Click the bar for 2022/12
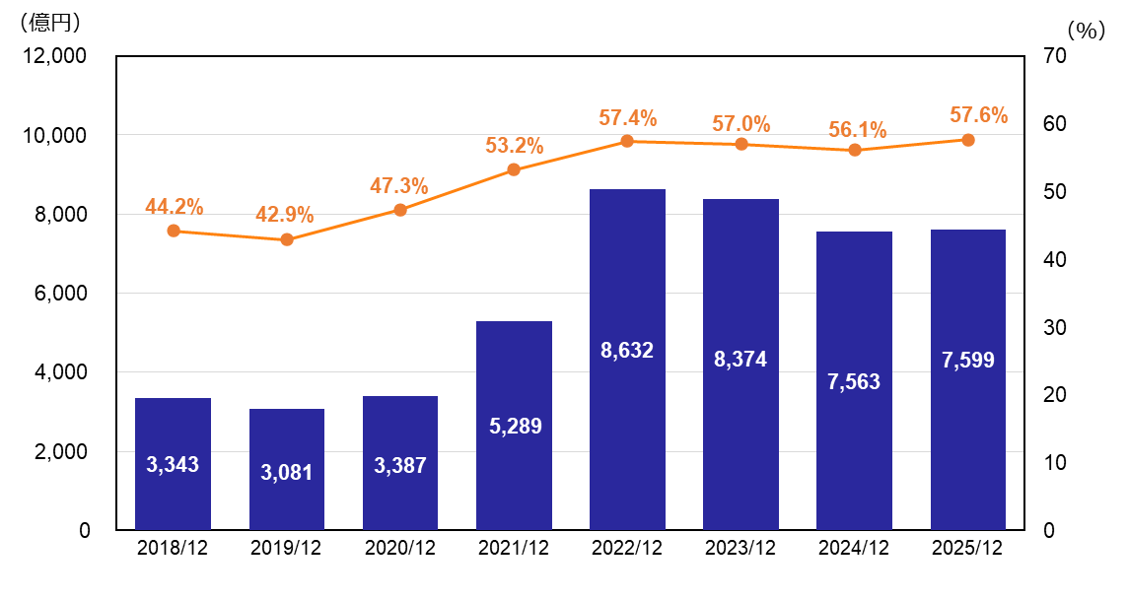click(627, 360)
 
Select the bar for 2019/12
click(287, 469)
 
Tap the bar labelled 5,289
click(514, 426)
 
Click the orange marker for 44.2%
click(174, 231)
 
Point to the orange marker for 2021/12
click(514, 169)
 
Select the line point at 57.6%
click(968, 140)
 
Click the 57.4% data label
click(627, 118)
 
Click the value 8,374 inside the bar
click(740, 360)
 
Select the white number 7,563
click(854, 382)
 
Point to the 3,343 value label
click(173, 465)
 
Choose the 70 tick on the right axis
click(1054, 56)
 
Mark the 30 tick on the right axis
click(1054, 327)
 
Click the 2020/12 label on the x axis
click(400, 550)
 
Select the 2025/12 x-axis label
click(967, 550)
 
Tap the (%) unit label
click(1086, 31)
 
